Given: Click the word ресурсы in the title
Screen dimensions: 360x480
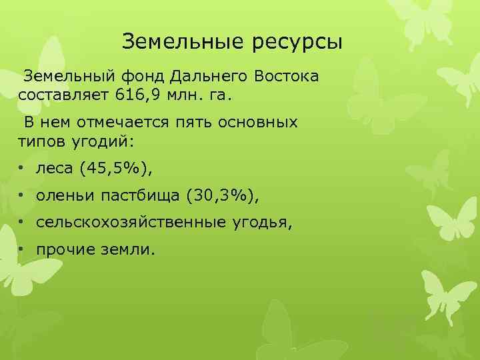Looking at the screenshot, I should coord(298,43).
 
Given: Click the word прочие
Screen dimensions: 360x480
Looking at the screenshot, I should coord(66,249).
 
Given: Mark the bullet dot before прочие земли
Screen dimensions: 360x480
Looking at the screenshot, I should coord(22,249).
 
